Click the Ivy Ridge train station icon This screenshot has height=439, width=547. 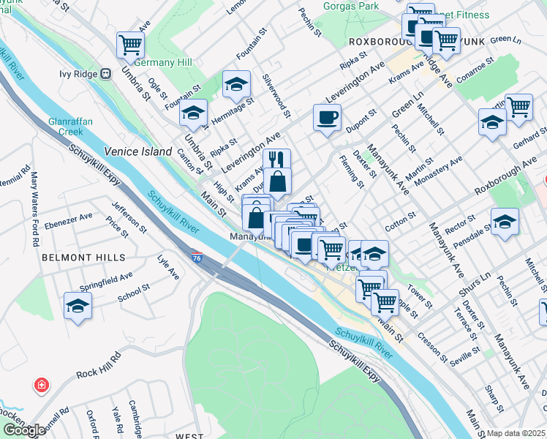coord(106,73)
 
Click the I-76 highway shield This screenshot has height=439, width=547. coord(197,258)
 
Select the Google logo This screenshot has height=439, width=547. coord(24,430)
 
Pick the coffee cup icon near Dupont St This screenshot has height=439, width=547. coord(327,117)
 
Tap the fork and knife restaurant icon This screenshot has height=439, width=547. coord(276,161)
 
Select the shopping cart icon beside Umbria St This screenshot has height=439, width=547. coord(130,45)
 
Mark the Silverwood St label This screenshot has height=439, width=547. coord(277,98)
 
